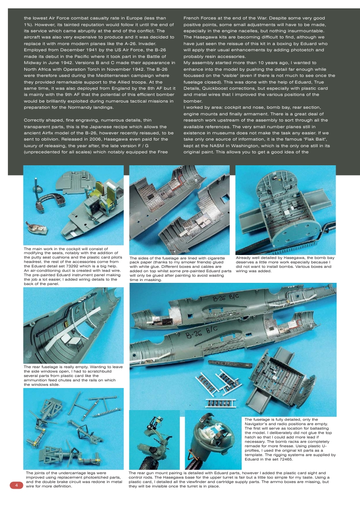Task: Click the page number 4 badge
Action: pos(16,485)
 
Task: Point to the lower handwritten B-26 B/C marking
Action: pos(202,330)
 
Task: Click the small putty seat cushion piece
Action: pos(37,228)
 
